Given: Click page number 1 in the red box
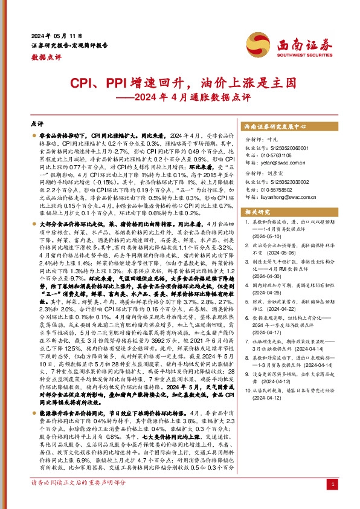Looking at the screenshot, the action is point(333,485).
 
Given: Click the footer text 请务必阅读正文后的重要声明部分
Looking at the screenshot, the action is point(78,484).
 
